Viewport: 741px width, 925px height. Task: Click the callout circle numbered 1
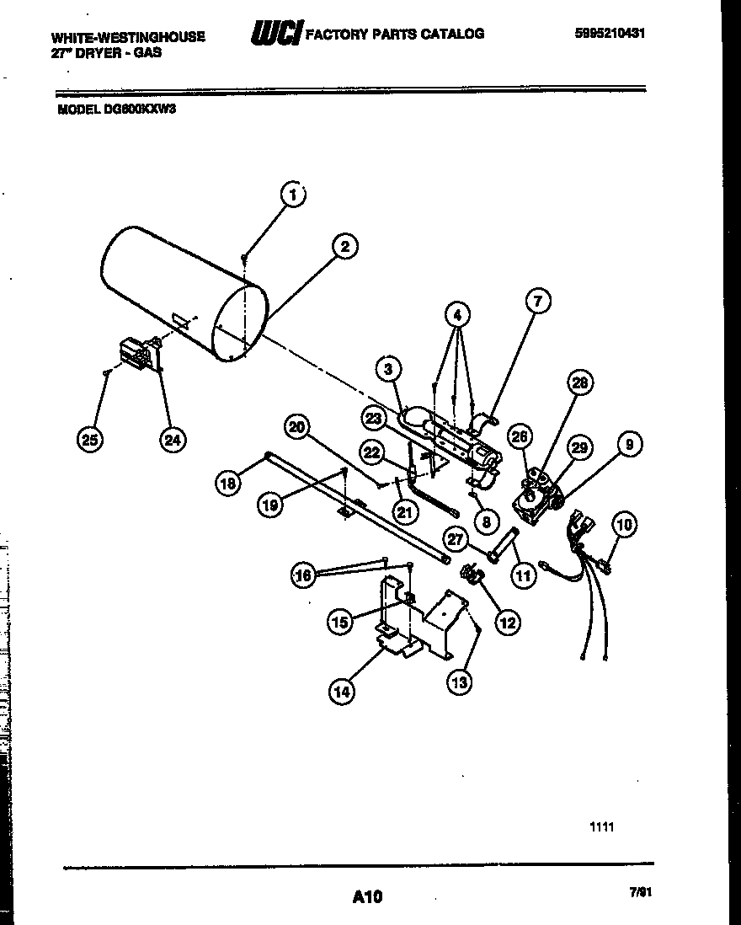[292, 195]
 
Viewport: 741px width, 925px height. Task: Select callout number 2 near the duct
[344, 246]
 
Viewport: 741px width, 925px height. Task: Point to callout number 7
[538, 300]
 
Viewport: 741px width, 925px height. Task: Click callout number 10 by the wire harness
[624, 525]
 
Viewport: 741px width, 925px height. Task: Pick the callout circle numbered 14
[342, 692]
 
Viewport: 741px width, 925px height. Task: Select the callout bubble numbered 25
[89, 438]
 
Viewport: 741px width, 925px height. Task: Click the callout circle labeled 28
[579, 384]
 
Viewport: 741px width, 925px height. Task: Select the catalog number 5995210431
[610, 34]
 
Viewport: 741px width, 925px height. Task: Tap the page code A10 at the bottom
[368, 896]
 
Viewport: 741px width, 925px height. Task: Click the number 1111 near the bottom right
[601, 827]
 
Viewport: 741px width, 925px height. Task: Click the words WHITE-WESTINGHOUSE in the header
[128, 37]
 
